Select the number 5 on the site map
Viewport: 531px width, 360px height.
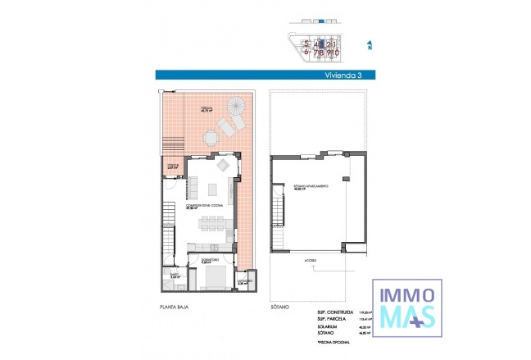tap(306, 43)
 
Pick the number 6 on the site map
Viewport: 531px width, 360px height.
tap(306, 52)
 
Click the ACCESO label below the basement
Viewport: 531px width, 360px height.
tap(311, 257)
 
